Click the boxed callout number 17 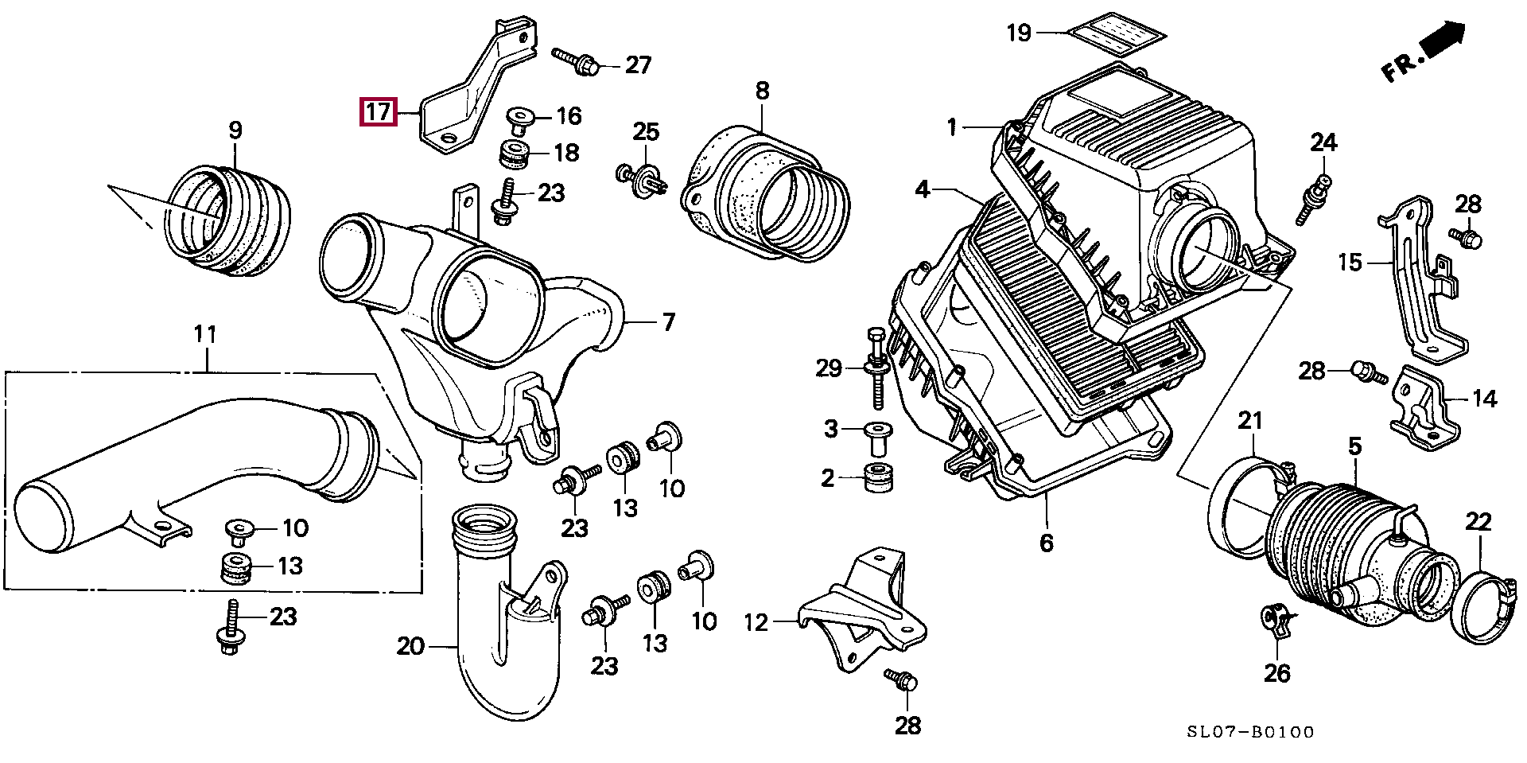pyautogui.click(x=379, y=112)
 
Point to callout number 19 pyautogui.click(x=1019, y=33)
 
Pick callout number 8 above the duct pyautogui.click(x=762, y=91)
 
